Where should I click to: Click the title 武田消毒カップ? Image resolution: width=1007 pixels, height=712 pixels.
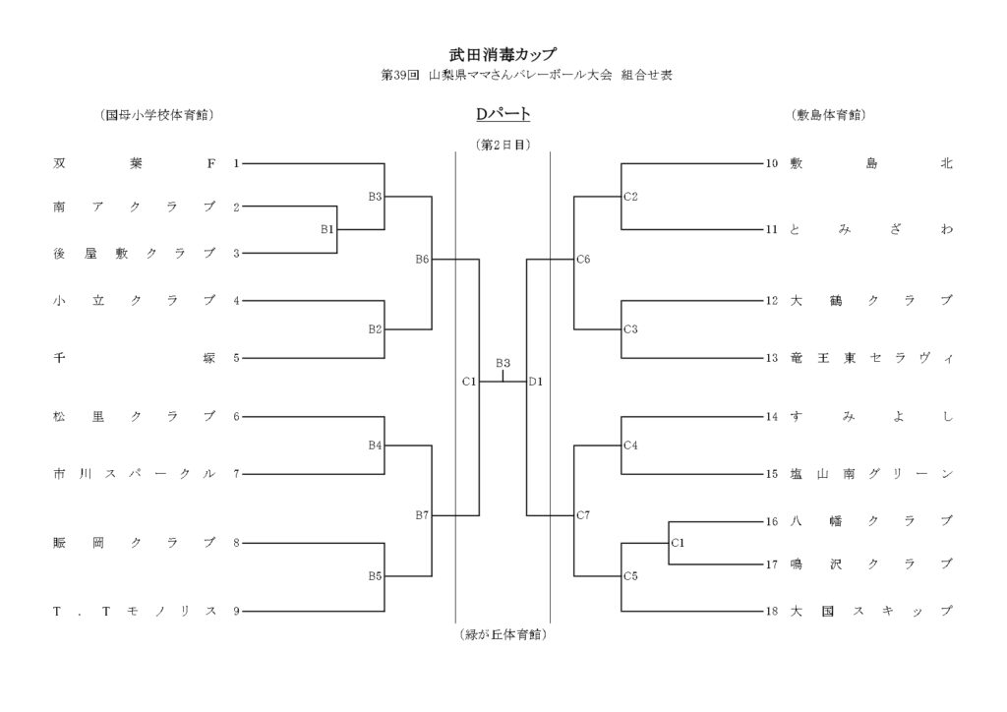tap(503, 55)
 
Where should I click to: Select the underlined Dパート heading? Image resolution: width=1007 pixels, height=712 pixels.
tap(503, 115)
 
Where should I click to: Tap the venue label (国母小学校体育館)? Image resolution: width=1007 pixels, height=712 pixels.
tap(158, 115)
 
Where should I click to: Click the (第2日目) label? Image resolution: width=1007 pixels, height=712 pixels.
tap(503, 145)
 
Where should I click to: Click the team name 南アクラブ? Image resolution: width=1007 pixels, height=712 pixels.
tap(134, 207)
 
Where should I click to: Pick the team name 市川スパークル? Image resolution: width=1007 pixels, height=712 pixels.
tap(134, 474)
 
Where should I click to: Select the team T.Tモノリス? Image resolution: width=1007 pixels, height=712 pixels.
tap(134, 612)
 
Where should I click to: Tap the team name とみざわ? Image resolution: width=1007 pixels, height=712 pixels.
tap(871, 230)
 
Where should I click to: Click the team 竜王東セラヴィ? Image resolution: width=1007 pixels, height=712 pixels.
tap(871, 358)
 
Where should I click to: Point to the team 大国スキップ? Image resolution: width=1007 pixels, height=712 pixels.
tap(871, 612)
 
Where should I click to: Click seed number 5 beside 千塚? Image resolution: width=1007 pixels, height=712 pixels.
tap(236, 358)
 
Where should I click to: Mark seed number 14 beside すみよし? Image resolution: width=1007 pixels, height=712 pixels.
tap(772, 417)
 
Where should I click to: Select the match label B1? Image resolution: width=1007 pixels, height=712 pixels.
tap(327, 229)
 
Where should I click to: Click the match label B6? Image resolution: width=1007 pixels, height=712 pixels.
tap(422, 260)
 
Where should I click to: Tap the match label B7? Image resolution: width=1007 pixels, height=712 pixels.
tap(422, 514)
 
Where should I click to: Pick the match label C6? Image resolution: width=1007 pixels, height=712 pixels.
tap(583, 260)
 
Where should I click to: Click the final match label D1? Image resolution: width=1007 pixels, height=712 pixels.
tap(536, 381)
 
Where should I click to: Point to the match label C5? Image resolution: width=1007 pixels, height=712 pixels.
tap(631, 575)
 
